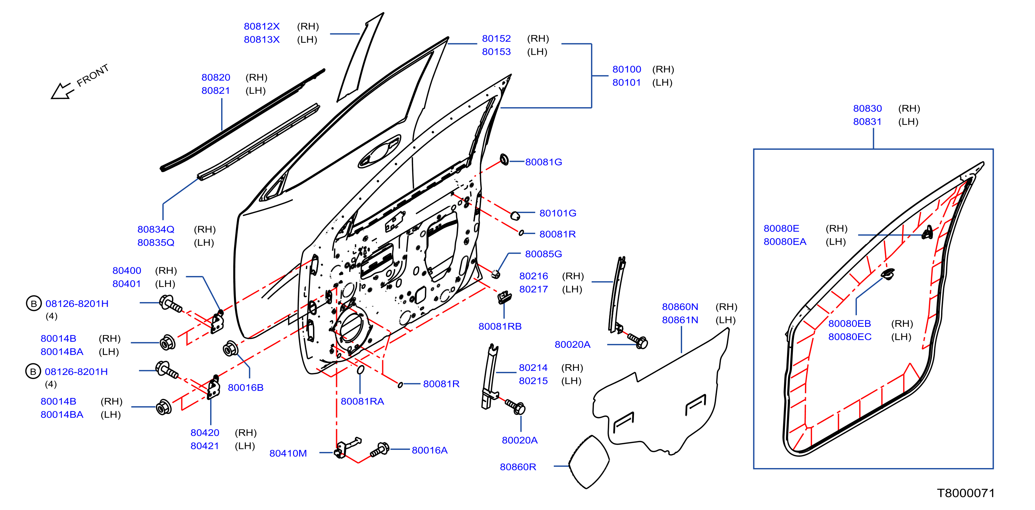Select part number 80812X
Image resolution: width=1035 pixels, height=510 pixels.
(261, 26)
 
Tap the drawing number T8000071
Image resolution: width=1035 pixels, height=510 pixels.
(966, 493)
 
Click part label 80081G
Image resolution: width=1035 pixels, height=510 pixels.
(543, 162)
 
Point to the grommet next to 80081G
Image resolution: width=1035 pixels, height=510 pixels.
(504, 159)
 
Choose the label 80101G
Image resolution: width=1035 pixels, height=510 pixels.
(558, 213)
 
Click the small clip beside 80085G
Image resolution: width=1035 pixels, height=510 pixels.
(495, 274)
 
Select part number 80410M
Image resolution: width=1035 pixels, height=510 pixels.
(288, 453)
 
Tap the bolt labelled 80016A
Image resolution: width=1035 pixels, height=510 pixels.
(380, 450)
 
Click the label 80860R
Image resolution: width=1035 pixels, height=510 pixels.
(518, 467)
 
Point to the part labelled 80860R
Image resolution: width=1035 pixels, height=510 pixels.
(589, 462)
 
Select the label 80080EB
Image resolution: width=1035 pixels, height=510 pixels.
(849, 323)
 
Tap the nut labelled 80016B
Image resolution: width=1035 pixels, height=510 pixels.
(230, 348)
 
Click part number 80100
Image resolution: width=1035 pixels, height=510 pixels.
(626, 69)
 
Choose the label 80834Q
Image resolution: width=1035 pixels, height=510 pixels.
(156, 229)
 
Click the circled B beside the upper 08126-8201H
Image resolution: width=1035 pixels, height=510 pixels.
(34, 303)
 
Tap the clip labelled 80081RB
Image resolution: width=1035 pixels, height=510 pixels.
(504, 298)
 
